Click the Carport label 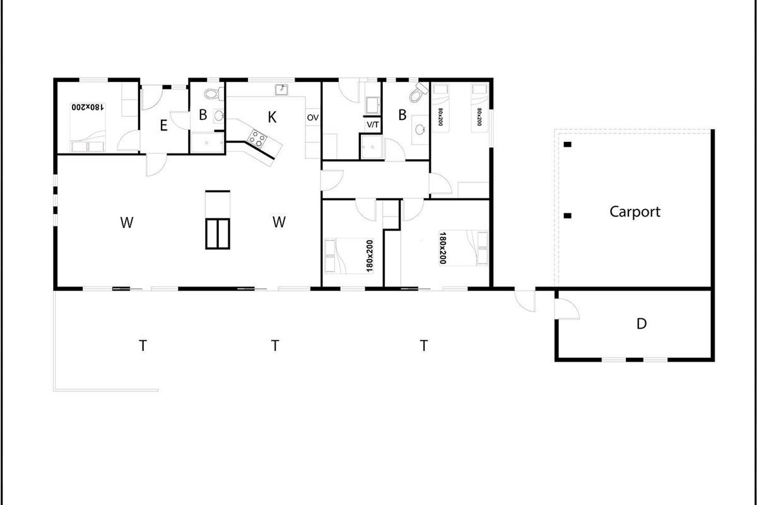pyautogui.click(x=635, y=212)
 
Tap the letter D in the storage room pyautogui.click(x=642, y=324)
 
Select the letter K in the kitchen pyautogui.click(x=272, y=117)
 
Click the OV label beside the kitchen pyautogui.click(x=313, y=117)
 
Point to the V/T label pyautogui.click(x=373, y=125)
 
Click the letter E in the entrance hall pyautogui.click(x=163, y=126)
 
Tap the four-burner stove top pyautogui.click(x=257, y=139)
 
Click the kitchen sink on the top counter pyautogui.click(x=281, y=90)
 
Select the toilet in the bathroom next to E pyautogui.click(x=214, y=93)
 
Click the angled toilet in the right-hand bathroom pyautogui.click(x=418, y=92)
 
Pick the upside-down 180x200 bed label pyautogui.click(x=88, y=107)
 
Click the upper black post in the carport pyautogui.click(x=567, y=145)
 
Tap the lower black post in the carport pyautogui.click(x=567, y=215)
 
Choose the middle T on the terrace pyautogui.click(x=275, y=346)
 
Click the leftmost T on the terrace pyautogui.click(x=143, y=346)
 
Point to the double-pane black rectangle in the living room pyautogui.click(x=218, y=234)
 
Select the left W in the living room pyautogui.click(x=127, y=223)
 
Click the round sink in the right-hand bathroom pyautogui.click(x=420, y=129)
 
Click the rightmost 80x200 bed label pyautogui.click(x=479, y=117)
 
